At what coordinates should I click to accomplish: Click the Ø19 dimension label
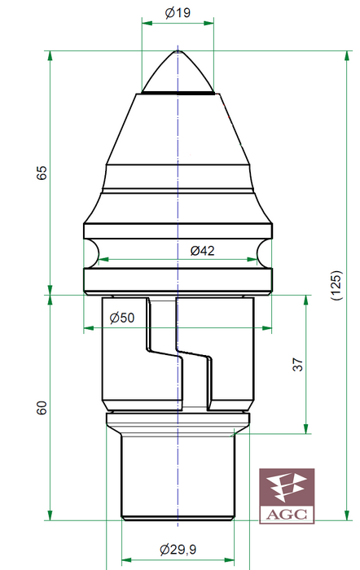[x=178, y=13]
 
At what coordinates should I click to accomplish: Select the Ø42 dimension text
[x=202, y=251]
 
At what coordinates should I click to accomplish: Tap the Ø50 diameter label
[x=122, y=318]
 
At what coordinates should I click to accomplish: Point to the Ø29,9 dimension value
[x=178, y=549]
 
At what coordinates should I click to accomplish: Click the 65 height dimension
[x=42, y=173]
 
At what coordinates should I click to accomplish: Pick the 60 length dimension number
[x=42, y=408]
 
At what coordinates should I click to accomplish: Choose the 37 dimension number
[x=297, y=364]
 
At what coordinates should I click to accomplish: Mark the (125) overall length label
[x=336, y=285]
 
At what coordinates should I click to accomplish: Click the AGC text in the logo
[x=287, y=515]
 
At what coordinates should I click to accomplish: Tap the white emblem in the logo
[x=286, y=487]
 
